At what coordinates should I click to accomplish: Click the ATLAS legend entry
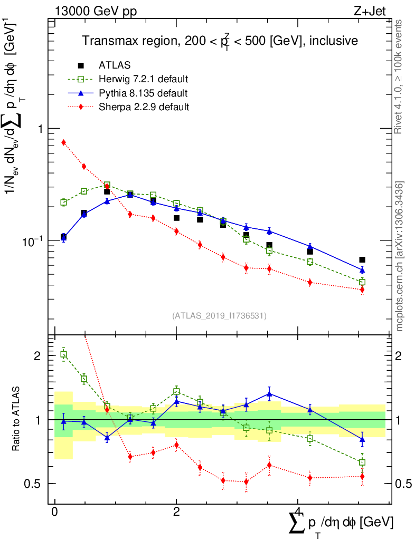(x=115, y=65)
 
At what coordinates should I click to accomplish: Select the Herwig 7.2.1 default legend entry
(x=143, y=80)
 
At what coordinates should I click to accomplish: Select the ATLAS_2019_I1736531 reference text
(x=219, y=316)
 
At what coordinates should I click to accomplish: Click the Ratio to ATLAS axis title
(x=17, y=420)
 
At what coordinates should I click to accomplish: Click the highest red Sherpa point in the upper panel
(x=63, y=142)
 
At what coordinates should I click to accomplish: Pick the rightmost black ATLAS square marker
(x=362, y=260)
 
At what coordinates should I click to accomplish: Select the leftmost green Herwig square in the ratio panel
(x=63, y=354)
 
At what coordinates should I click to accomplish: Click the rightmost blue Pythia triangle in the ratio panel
(x=362, y=439)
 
